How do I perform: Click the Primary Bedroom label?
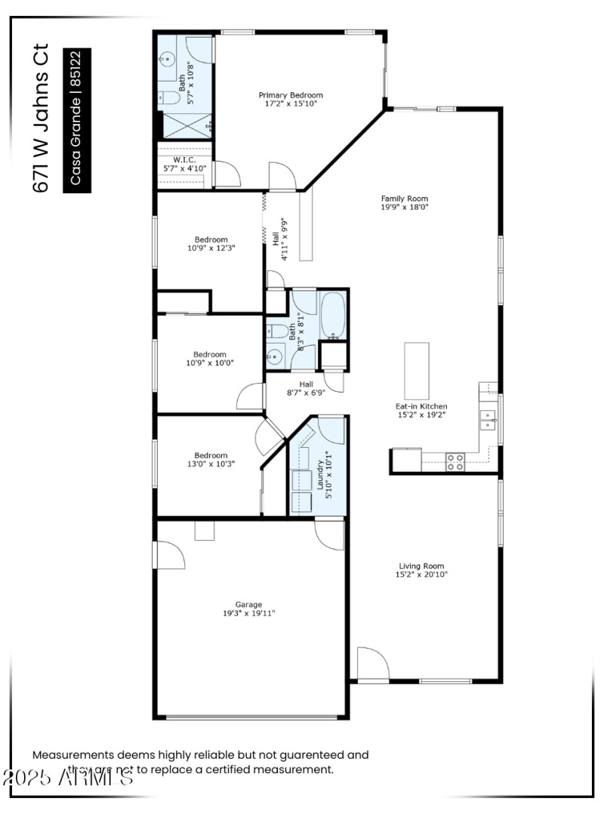point(291,95)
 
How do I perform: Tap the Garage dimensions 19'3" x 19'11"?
point(248,613)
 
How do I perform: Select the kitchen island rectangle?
point(416,371)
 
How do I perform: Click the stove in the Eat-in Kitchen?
point(455,461)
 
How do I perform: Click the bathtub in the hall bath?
point(332,315)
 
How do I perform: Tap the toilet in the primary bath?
point(169,98)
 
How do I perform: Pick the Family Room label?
point(399,199)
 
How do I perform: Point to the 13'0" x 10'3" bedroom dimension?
point(210,464)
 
